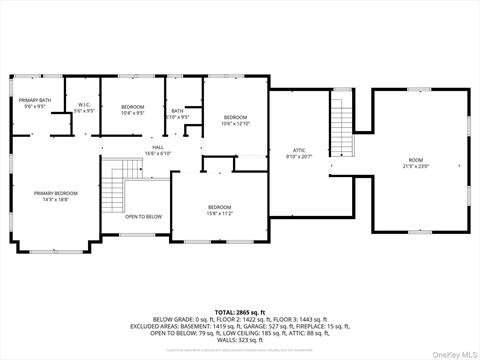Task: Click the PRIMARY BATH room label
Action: (32, 100)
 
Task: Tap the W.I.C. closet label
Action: (85, 105)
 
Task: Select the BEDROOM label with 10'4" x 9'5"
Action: (133, 106)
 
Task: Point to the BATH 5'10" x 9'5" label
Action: (177, 111)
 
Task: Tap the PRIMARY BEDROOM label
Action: (55, 193)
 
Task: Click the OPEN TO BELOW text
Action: (143, 216)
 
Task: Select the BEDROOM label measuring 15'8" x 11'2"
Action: (219, 207)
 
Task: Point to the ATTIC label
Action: (299, 150)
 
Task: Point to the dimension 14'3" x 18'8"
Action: (55, 199)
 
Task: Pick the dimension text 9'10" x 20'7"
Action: (299, 157)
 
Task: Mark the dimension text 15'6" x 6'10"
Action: (158, 153)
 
